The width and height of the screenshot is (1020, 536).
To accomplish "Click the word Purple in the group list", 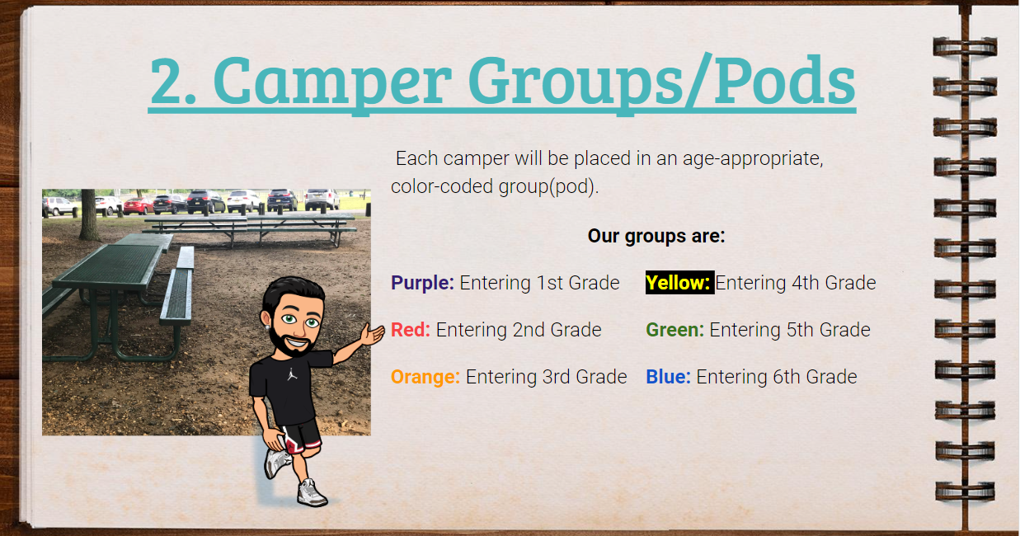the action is [422, 283].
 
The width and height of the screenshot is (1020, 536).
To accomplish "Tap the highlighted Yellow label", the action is [679, 282].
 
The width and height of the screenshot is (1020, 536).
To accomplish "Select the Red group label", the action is [411, 330].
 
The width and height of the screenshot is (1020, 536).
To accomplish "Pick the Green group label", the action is [675, 330].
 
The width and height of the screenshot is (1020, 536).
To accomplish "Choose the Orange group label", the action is [425, 377].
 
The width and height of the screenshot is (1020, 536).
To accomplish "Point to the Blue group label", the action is [668, 377].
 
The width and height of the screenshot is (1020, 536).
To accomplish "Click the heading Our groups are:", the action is [656, 236].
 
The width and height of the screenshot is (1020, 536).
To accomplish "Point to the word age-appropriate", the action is [752, 159].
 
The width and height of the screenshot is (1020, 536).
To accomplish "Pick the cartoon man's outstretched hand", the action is [373, 335].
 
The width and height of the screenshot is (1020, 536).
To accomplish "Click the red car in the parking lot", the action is [138, 206].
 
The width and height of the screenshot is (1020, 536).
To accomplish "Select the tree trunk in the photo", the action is [90, 214].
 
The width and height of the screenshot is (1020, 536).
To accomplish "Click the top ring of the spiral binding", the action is [965, 47].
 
